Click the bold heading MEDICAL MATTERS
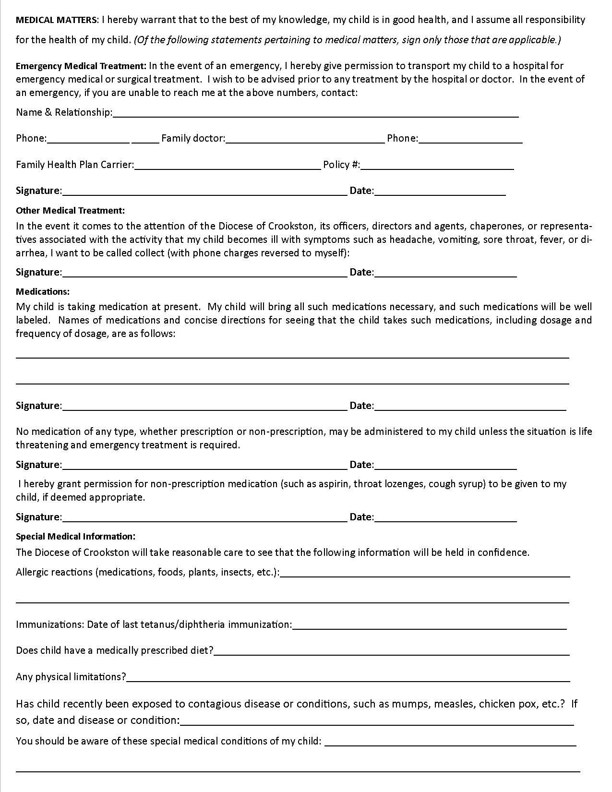(57, 20)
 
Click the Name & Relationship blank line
(315, 113)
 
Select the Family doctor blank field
(305, 139)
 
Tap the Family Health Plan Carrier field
(228, 165)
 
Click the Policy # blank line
(437, 165)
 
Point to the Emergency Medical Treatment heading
(81, 66)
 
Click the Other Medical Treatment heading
(70, 210)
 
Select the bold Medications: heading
(43, 291)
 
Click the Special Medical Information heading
(75, 536)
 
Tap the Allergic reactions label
(147, 572)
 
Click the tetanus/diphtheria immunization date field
(429, 625)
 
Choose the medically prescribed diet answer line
(392, 651)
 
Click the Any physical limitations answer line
(348, 677)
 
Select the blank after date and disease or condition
(377, 720)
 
